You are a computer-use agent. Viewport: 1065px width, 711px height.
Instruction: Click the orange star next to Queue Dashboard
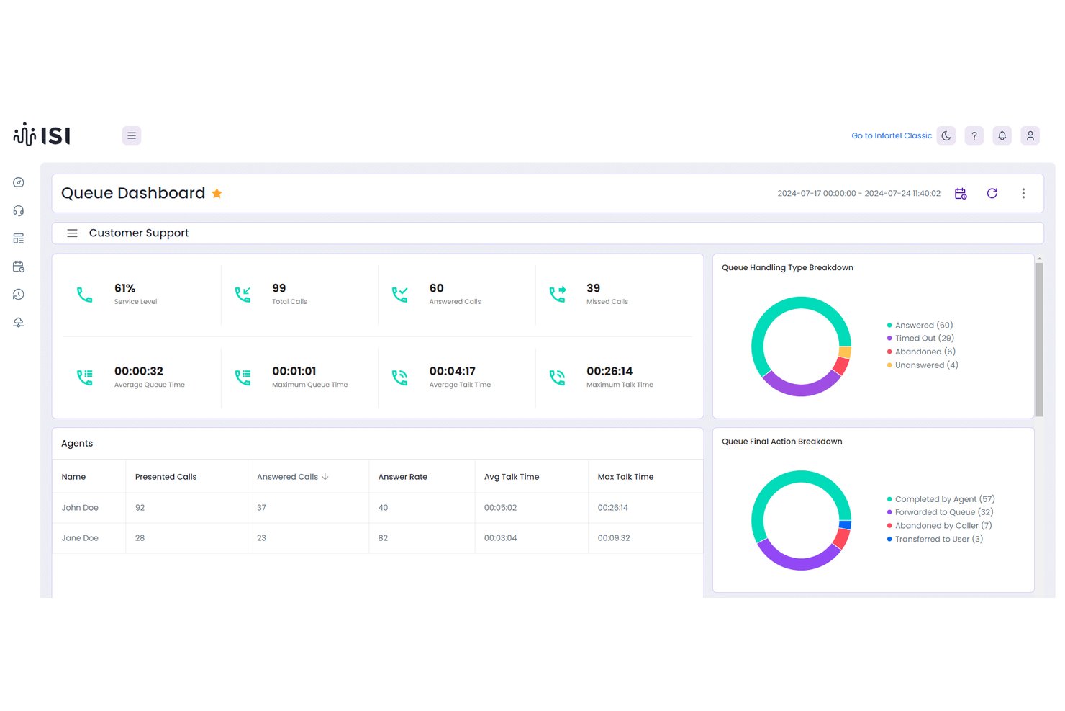click(x=217, y=193)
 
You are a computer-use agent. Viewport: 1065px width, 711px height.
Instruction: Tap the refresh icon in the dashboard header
click(x=992, y=193)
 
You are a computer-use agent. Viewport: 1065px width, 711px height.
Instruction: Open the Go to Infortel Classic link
click(x=892, y=135)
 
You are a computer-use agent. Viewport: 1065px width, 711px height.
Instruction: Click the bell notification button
click(x=1002, y=135)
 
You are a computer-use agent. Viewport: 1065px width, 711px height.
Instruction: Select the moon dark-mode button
click(x=946, y=135)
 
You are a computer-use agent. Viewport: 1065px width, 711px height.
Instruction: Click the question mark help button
click(x=974, y=135)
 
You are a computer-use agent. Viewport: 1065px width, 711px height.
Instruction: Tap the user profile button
click(x=1030, y=135)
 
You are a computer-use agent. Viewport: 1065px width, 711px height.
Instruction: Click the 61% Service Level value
click(x=124, y=288)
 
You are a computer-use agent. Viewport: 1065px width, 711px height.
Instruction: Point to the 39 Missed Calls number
click(x=593, y=288)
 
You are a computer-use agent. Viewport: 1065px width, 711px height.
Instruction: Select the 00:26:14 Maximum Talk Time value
click(x=609, y=371)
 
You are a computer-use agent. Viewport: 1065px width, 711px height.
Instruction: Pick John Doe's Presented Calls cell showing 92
click(x=140, y=508)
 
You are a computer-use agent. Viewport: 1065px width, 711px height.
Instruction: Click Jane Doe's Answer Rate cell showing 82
click(x=383, y=538)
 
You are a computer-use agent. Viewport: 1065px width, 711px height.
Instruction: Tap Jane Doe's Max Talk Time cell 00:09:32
click(x=613, y=538)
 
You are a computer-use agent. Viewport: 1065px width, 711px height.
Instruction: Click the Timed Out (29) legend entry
click(x=920, y=339)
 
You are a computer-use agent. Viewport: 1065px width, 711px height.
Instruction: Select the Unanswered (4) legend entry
click(x=923, y=365)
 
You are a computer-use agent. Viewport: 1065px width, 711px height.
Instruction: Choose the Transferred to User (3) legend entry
click(x=935, y=540)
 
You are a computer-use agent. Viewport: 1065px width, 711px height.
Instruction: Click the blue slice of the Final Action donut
click(x=845, y=525)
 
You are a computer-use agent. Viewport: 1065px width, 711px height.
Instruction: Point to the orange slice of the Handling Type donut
click(x=845, y=352)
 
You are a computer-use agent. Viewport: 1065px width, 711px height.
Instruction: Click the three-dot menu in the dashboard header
click(x=1024, y=193)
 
